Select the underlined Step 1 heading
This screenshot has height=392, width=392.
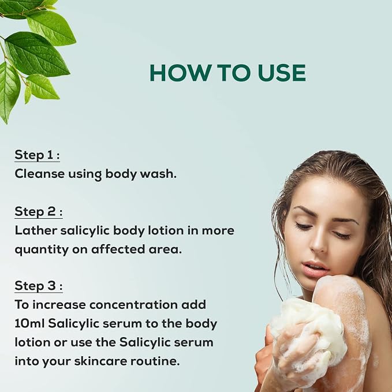37,155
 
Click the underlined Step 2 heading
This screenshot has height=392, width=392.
39,212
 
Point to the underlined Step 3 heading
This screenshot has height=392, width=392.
39,286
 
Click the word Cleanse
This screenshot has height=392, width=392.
39,174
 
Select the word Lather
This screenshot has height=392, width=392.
36,230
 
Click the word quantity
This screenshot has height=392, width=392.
42,250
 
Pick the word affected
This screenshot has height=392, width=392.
118,249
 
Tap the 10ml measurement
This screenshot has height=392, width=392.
29,323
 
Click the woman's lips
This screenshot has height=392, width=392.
315,268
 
